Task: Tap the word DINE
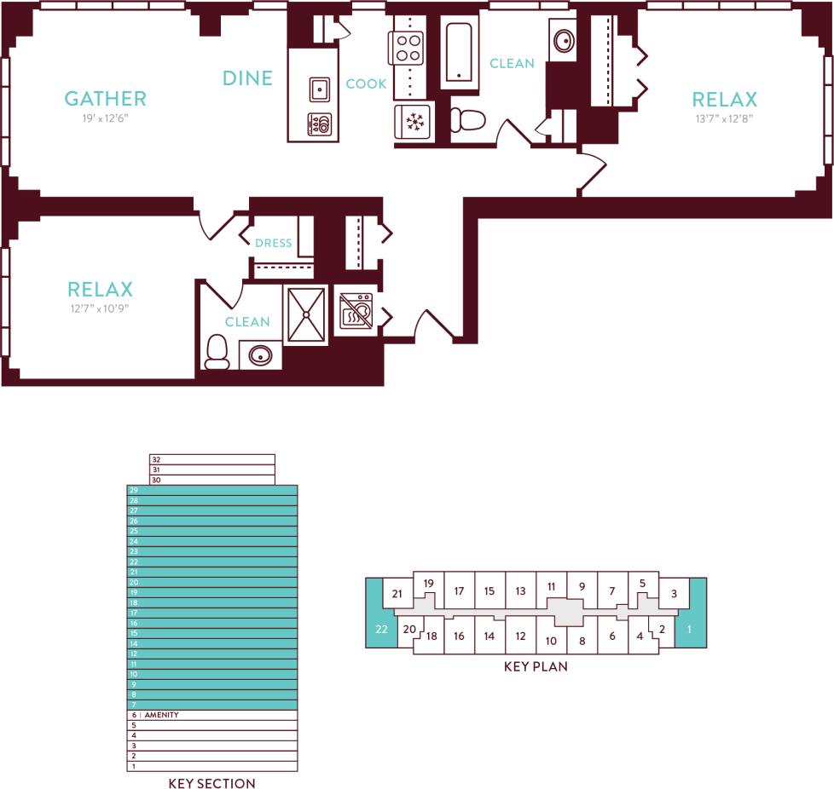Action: coord(247,78)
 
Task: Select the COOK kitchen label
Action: coord(366,84)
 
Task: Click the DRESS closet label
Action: coord(273,243)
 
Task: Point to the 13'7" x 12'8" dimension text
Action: coord(724,119)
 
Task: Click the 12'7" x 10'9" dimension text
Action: coord(100,309)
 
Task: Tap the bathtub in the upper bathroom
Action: coord(459,53)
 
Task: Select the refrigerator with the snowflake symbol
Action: coord(414,122)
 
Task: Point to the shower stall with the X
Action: coord(304,315)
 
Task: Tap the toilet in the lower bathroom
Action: coord(217,351)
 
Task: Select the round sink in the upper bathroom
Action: coord(563,40)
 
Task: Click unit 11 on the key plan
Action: coord(552,586)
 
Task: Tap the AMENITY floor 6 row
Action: coord(212,715)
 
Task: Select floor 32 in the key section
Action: coord(212,459)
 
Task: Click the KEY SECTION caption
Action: coord(211,784)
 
